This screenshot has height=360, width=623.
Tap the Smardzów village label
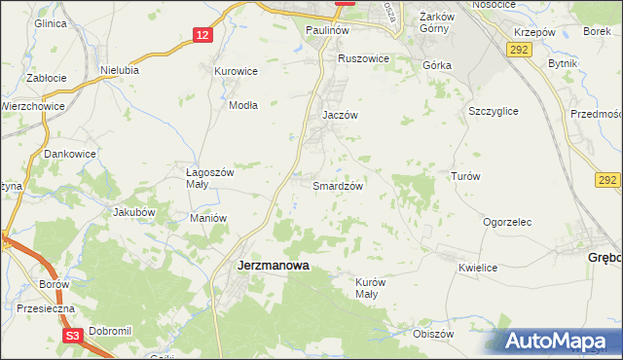tap(339, 185)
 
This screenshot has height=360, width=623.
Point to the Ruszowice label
tap(363, 58)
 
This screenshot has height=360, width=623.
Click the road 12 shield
tap(202, 35)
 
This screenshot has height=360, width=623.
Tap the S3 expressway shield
tap(72, 335)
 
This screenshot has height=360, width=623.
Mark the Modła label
tap(243, 105)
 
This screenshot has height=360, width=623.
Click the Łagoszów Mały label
tap(211, 178)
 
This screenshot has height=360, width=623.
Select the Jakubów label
tap(134, 211)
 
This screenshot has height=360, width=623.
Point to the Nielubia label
tap(121, 70)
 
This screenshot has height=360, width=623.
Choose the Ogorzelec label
tap(507, 222)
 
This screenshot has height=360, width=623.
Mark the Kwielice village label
tap(478, 268)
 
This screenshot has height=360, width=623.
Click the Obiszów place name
tap(434, 333)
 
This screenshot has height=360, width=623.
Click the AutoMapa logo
tap(555, 342)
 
